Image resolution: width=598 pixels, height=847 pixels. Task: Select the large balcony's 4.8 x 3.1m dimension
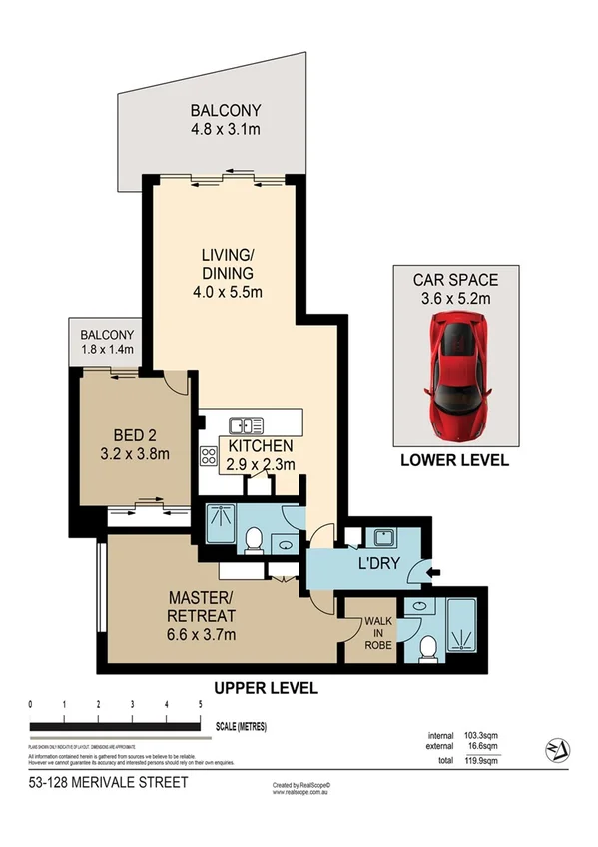226,129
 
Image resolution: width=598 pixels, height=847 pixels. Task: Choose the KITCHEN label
261,446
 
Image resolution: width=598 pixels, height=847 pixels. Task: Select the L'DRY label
378,565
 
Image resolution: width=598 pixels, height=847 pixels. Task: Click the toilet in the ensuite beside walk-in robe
428,648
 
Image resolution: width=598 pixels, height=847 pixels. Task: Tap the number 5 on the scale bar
201,704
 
